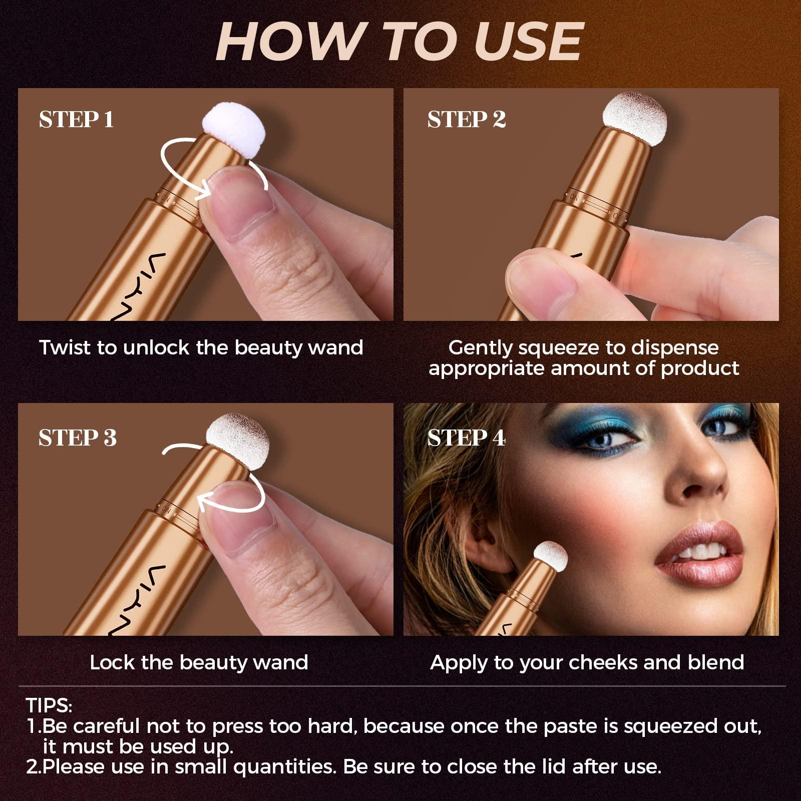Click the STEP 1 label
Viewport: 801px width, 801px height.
point(76,120)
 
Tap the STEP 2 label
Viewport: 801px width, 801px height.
point(466,120)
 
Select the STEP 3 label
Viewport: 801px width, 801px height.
point(77,438)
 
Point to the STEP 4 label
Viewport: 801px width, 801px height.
point(466,438)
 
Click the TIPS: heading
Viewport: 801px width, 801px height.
point(49,705)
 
